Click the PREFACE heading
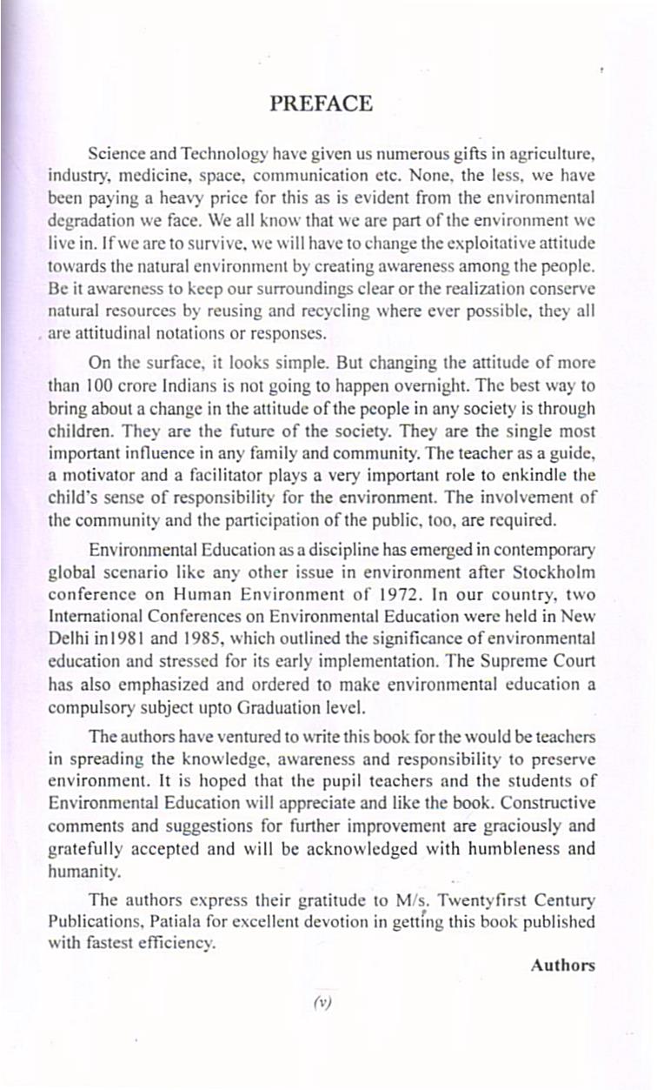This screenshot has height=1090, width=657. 321,104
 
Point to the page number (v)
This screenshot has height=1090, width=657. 322,1001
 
